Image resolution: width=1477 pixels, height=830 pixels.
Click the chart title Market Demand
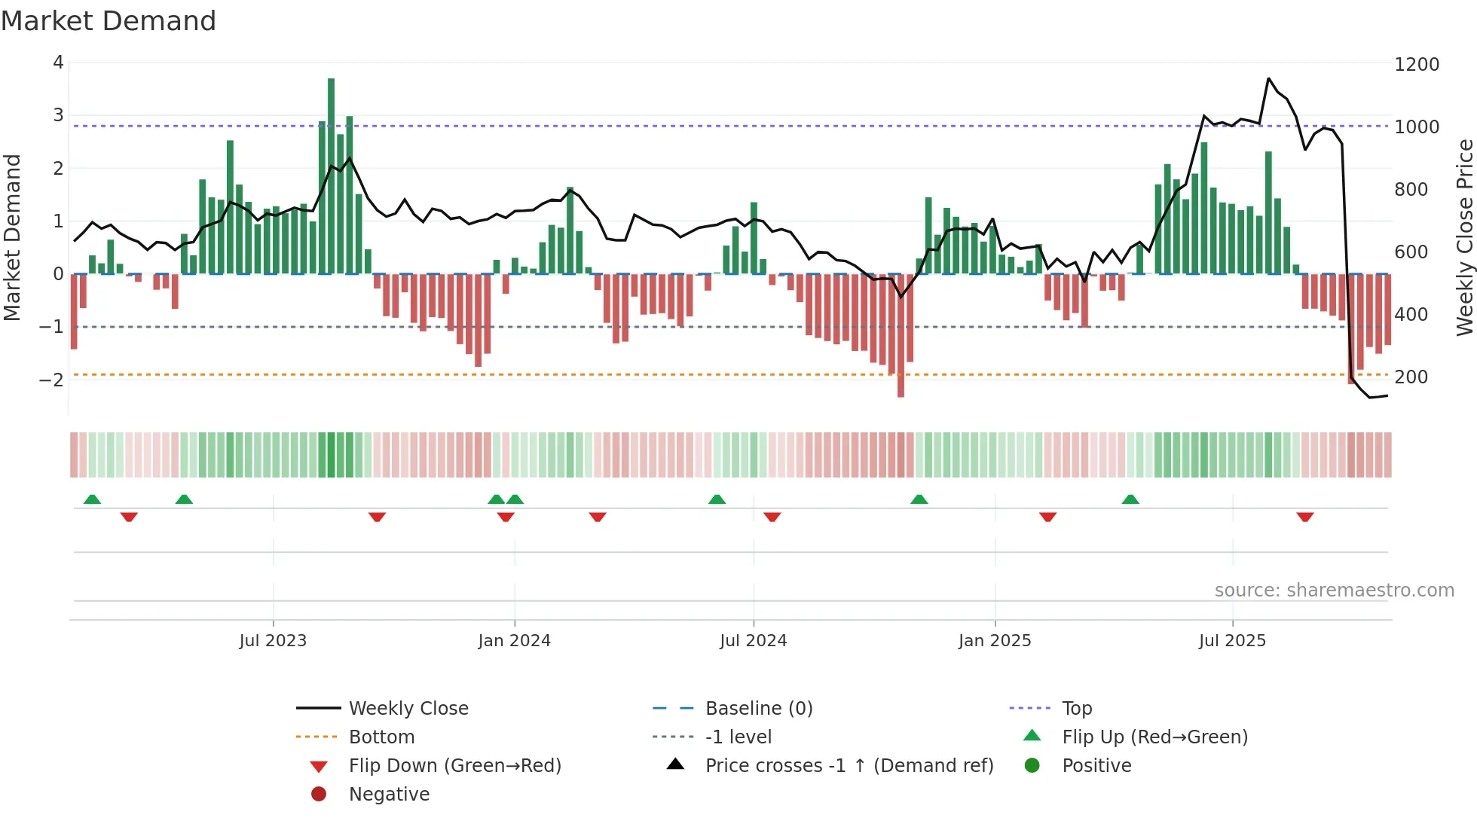click(109, 21)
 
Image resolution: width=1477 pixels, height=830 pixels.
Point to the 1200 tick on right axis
click(1416, 65)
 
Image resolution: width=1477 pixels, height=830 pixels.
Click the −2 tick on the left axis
click(52, 380)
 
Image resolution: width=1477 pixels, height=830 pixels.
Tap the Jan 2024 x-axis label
click(514, 641)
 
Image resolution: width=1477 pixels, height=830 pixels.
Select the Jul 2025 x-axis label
click(1232, 641)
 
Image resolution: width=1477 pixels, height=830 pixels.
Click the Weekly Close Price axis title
click(1464, 237)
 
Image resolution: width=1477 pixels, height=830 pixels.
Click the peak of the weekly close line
click(1269, 78)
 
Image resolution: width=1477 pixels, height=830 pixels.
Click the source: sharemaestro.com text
click(1334, 590)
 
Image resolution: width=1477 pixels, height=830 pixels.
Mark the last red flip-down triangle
click(1305, 517)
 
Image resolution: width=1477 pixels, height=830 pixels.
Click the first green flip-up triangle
click(92, 499)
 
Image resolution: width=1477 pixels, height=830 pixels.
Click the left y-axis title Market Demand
click(13, 237)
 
